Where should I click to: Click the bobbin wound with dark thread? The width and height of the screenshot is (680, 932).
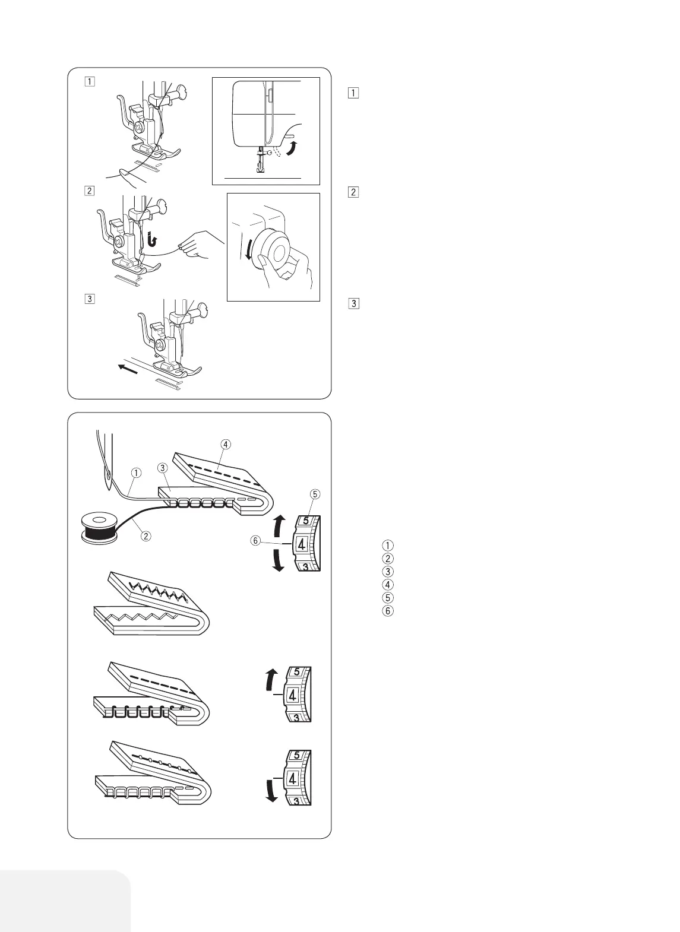pyautogui.click(x=99, y=527)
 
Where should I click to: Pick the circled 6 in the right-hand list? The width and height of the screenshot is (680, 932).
pyautogui.click(x=388, y=610)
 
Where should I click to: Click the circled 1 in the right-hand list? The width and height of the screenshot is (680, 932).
pyautogui.click(x=388, y=545)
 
